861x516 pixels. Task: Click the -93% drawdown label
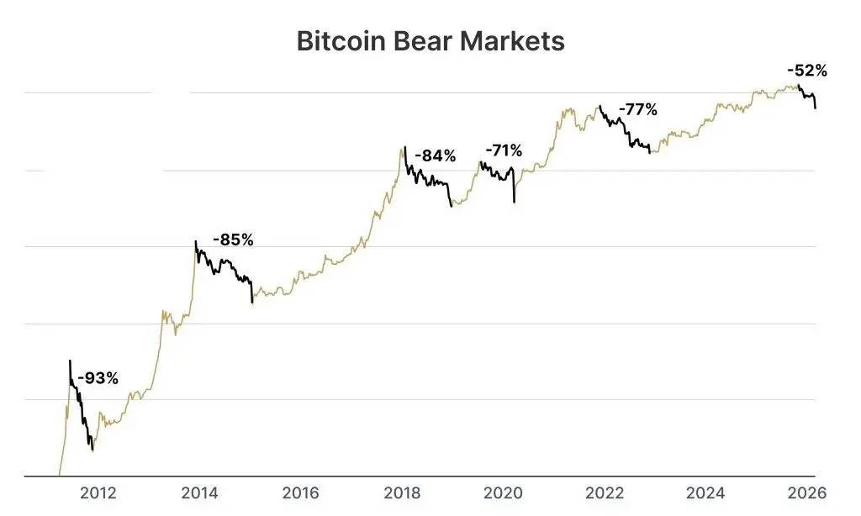(98, 378)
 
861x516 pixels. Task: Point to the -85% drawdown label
(232, 240)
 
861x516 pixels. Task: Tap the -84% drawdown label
(435, 155)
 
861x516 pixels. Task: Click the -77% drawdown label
(637, 109)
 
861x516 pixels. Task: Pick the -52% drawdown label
(806, 71)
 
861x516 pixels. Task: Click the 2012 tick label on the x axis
(98, 492)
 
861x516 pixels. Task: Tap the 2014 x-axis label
(200, 492)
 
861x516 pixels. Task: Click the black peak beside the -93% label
(70, 361)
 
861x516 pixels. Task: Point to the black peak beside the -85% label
(196, 242)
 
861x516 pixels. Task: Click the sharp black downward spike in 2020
(514, 200)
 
